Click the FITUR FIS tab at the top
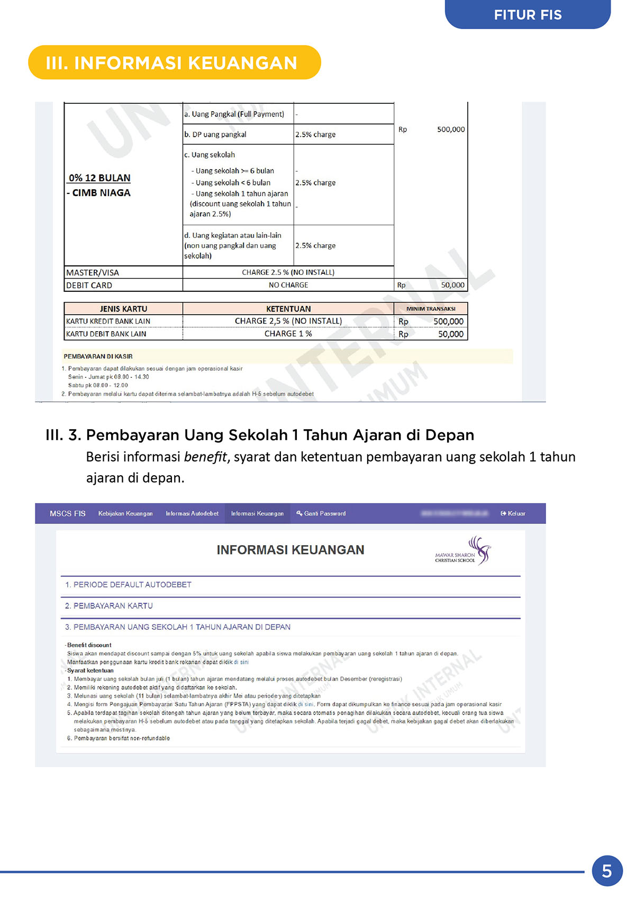[x=528, y=15]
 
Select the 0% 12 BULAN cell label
[x=99, y=178]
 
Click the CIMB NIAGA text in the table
[x=101, y=193]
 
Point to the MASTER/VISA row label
[x=93, y=272]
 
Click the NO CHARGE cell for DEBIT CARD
[x=288, y=285]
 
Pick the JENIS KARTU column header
[x=123, y=309]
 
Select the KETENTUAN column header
[x=288, y=309]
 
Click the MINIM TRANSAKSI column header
[x=431, y=309]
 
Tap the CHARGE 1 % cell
[x=288, y=334]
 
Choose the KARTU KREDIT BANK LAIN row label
[x=108, y=321]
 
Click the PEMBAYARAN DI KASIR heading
[x=98, y=357]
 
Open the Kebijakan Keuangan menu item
[x=125, y=513]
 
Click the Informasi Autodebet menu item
[x=192, y=513]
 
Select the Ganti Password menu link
[x=321, y=513]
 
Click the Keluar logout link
[x=513, y=513]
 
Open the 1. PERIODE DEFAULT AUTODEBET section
[x=128, y=585]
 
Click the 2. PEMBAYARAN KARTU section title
[x=109, y=606]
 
